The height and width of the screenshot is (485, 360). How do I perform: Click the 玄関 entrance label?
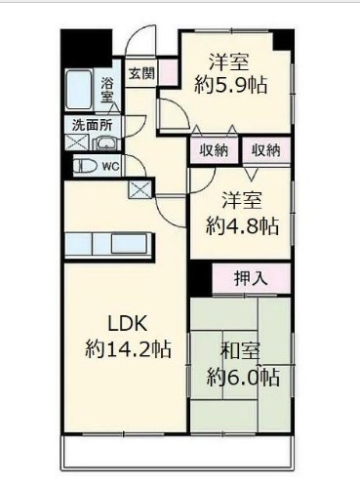point(140,72)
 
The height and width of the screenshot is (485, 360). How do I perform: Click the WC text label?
point(111,167)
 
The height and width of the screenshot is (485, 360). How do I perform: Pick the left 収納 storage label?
point(215,150)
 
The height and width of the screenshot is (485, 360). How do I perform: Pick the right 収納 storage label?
point(264,150)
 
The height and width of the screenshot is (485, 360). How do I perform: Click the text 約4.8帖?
point(242,226)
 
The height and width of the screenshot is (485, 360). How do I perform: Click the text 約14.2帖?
point(128,349)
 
